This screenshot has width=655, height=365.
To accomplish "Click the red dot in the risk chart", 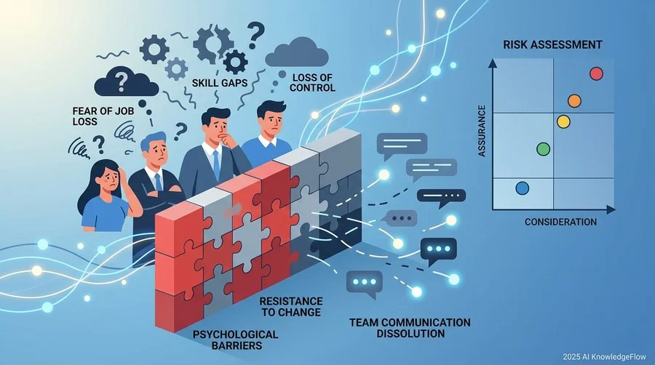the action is [597, 73].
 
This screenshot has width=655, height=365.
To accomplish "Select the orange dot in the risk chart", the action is [574, 100].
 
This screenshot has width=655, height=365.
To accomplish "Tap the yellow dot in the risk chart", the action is [563, 121].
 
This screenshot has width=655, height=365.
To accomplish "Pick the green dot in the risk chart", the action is [543, 149].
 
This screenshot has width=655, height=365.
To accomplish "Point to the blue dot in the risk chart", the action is [522, 188].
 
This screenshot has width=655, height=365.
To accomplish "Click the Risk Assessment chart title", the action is [552, 44].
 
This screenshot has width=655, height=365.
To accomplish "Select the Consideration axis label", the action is [560, 222].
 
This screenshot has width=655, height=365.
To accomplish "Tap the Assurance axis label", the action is [482, 131].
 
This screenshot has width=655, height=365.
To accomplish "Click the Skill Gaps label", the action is [220, 83].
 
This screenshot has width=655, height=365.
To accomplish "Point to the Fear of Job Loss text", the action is [103, 116].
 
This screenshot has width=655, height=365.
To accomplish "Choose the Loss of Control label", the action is [312, 83].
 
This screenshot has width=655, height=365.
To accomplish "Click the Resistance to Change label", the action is [290, 307].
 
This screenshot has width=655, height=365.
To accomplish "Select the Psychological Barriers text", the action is [236, 340].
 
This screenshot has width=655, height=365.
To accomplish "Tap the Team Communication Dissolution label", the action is [410, 328].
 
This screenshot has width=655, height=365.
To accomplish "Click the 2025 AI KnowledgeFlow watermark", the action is [604, 357].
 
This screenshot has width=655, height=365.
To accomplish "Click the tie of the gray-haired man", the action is [159, 182].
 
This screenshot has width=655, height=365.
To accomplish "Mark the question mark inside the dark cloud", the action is [122, 82].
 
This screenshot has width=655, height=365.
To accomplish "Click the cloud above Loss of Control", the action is [297, 52].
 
